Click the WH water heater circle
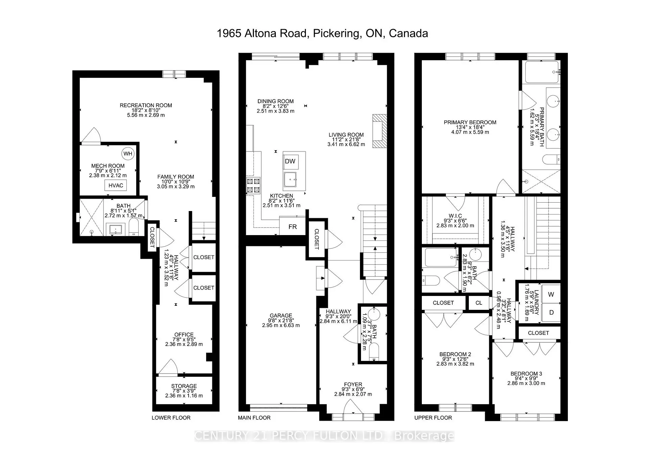128,154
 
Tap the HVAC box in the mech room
116,185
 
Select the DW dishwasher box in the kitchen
290,161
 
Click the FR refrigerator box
293,227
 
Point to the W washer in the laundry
551,294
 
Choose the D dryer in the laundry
551,313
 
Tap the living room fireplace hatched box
379,131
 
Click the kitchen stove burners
254,185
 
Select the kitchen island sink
290,179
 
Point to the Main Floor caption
254,418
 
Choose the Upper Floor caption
433,418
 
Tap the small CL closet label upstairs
479,303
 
